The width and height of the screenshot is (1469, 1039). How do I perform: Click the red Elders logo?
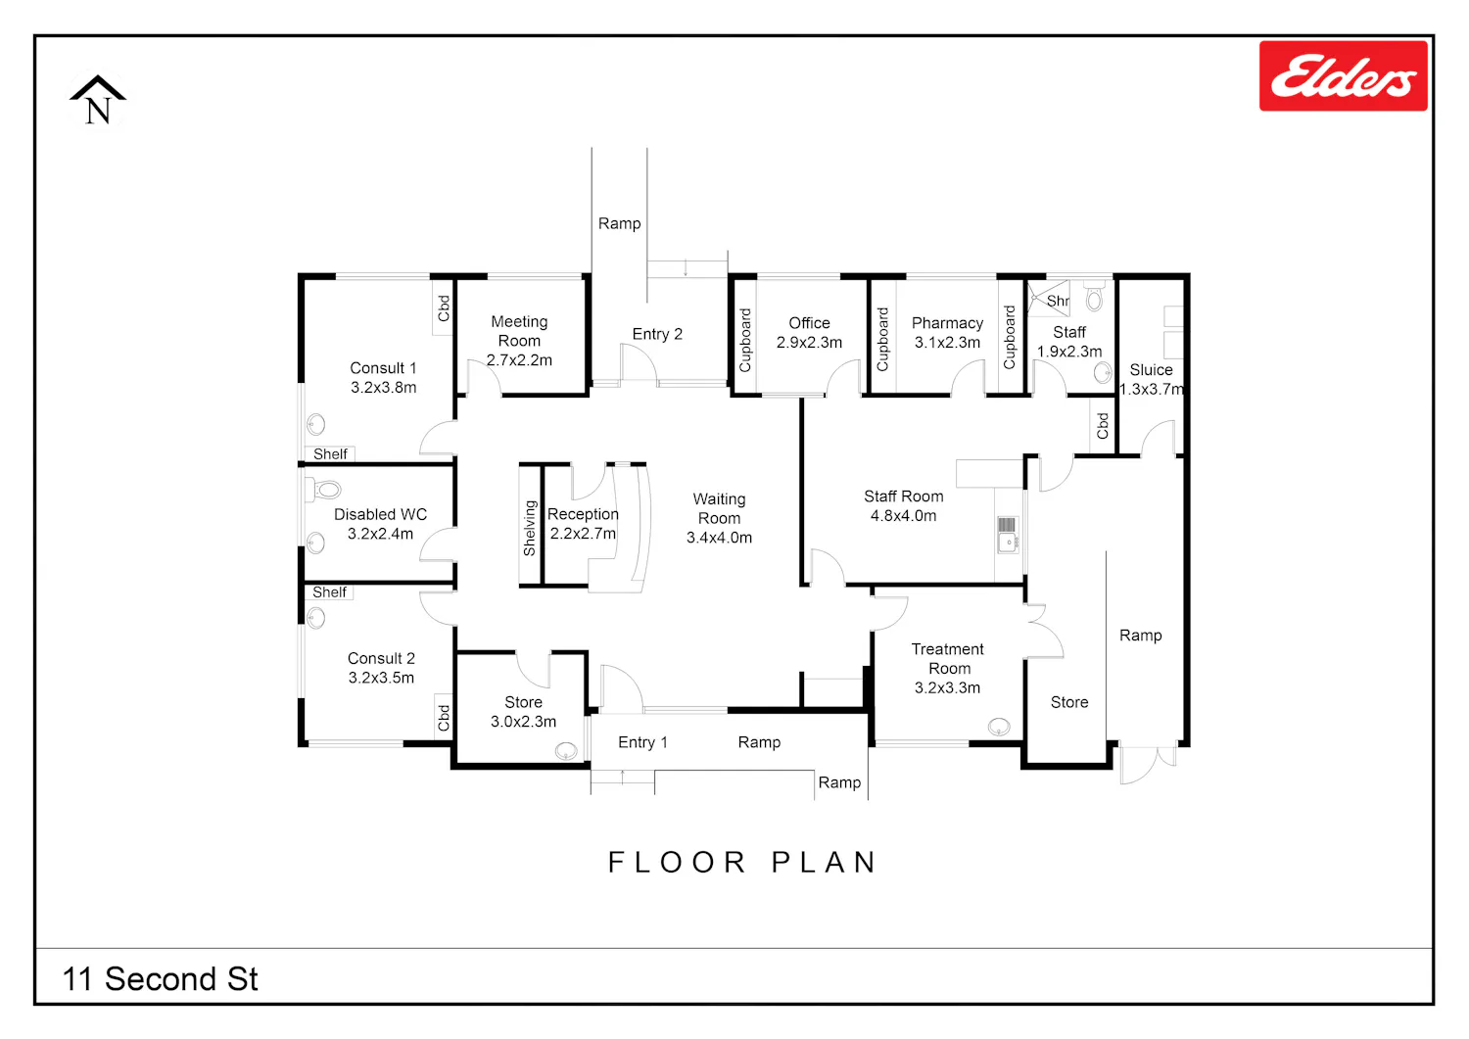click(x=1343, y=75)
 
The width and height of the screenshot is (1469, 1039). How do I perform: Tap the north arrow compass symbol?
click(x=98, y=100)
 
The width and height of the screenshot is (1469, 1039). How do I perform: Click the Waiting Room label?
click(x=719, y=518)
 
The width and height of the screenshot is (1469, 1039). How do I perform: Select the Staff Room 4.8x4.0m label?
click(x=903, y=505)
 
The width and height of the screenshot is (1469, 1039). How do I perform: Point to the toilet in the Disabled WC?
click(x=323, y=490)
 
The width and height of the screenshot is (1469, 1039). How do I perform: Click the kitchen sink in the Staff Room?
click(x=1008, y=535)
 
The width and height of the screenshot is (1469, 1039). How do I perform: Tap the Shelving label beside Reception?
click(x=529, y=528)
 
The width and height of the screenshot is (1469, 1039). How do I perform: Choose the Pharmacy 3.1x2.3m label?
click(x=947, y=333)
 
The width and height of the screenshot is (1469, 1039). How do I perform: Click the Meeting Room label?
click(x=519, y=341)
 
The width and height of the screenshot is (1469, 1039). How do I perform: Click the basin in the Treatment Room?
click(x=999, y=727)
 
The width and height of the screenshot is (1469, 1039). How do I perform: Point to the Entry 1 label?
click(x=642, y=742)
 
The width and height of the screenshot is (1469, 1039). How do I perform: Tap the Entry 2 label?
click(x=657, y=334)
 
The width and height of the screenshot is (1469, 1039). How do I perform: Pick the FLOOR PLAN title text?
click(x=741, y=862)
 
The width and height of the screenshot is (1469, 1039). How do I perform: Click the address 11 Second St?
click(x=160, y=978)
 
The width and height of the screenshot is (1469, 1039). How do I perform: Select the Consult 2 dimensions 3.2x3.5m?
click(x=381, y=678)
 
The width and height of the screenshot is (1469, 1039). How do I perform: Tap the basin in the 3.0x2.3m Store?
click(x=566, y=751)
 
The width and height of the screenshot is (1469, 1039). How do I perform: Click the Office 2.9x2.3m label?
click(x=809, y=333)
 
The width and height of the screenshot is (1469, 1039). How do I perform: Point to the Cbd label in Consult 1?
click(x=444, y=308)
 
